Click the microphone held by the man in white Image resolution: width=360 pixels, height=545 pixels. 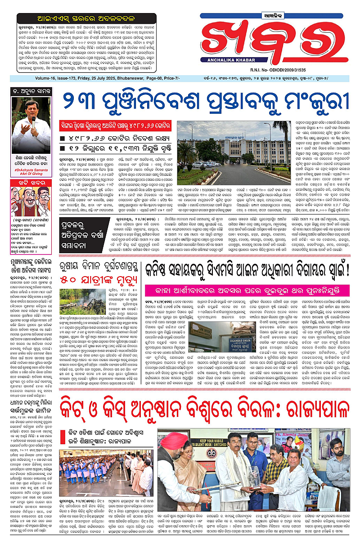pyautogui.click(x=32, y=121)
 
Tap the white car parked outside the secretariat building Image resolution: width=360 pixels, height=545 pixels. pyautogui.click(x=198, y=165)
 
